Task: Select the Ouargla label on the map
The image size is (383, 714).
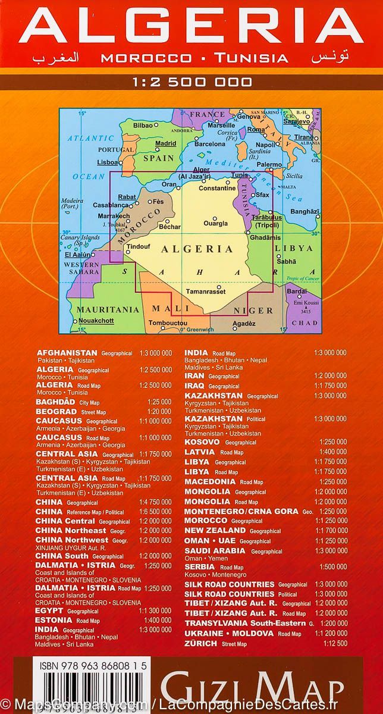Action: tap(215, 223)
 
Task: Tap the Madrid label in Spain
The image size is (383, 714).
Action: tap(165, 143)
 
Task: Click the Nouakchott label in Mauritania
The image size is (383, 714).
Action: tap(96, 321)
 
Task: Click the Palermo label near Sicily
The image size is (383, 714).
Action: tap(285, 164)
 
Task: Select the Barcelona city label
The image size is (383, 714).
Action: tap(210, 144)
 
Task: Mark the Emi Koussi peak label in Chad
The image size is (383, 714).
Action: tap(306, 304)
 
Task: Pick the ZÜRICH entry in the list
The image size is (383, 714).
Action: tap(202, 643)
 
